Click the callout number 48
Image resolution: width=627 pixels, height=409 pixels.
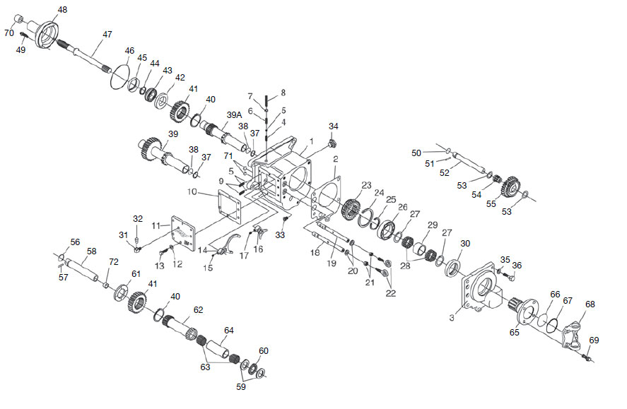point(62,9)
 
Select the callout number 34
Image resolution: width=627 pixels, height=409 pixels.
point(334,126)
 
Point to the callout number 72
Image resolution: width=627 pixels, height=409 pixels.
point(114,262)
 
